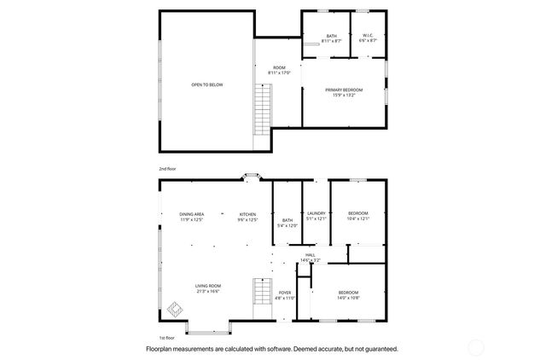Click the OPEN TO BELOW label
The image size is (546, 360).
pos(206,85)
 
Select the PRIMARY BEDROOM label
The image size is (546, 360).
pos(345,91)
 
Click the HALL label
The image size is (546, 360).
pos(311,255)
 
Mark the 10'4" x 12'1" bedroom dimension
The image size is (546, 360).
pos(357,218)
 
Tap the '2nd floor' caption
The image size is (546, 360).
pos(169,169)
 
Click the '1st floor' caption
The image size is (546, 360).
pos(168,337)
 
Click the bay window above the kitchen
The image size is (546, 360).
pos(251,177)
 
